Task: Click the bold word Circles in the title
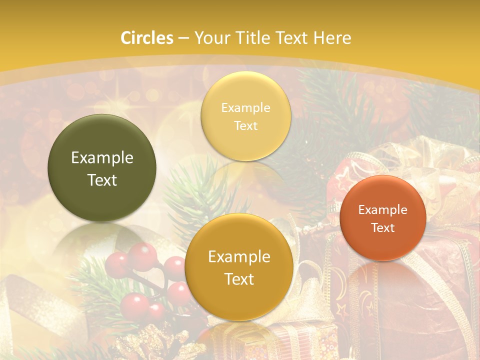147,38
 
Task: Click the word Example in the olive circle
102,158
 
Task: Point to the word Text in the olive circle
102,180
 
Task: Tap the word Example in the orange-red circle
383,210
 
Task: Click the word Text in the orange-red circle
383,228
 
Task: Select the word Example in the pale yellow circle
245,108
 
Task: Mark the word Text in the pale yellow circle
245,126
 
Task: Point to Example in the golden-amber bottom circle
239,257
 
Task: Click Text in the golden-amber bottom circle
239,279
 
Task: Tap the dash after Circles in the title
183,38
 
